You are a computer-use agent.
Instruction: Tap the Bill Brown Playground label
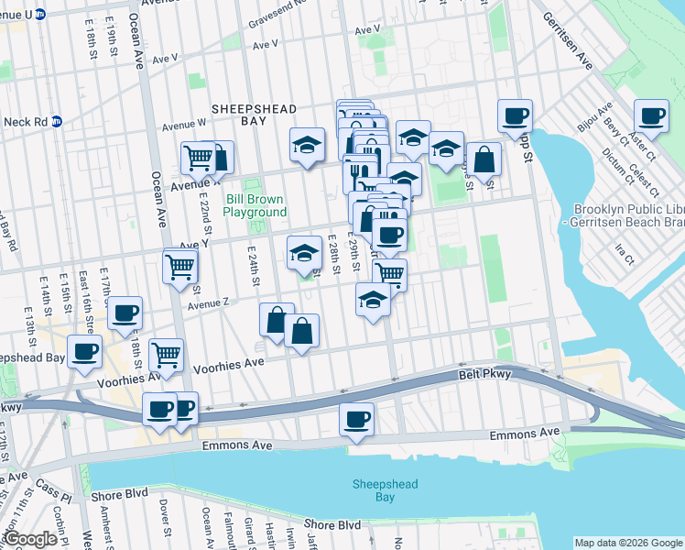(255, 205)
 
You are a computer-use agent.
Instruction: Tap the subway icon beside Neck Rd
(56, 121)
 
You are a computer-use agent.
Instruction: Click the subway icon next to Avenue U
(40, 15)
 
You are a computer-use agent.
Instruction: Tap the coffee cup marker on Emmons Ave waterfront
(356, 420)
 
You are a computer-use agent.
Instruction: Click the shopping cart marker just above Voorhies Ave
(166, 355)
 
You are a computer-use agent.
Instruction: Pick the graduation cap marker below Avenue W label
(307, 144)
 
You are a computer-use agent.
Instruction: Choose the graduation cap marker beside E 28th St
(304, 253)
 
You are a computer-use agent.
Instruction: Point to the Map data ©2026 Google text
(628, 543)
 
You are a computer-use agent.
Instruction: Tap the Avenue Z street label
(208, 302)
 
